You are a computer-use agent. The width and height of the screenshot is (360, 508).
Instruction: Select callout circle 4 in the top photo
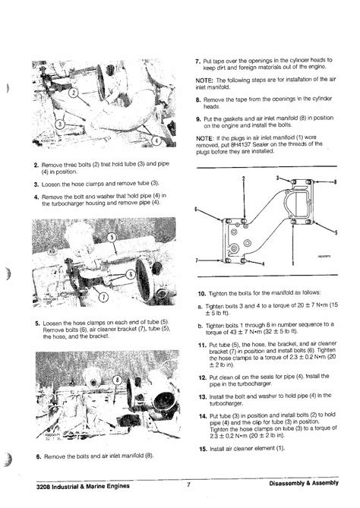[x=155, y=140]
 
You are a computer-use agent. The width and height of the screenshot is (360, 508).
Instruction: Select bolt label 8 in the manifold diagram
[x=335, y=181]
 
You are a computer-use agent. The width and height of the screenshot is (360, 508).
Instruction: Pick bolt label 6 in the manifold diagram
[x=199, y=210]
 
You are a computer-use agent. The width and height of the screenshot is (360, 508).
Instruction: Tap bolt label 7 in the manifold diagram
[x=199, y=259]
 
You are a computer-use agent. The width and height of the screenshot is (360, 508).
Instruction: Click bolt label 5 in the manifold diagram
[x=335, y=232]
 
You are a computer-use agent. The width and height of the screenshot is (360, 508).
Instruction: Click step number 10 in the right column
[x=201, y=293]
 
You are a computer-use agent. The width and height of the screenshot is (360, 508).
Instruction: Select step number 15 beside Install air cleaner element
[x=201, y=449]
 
